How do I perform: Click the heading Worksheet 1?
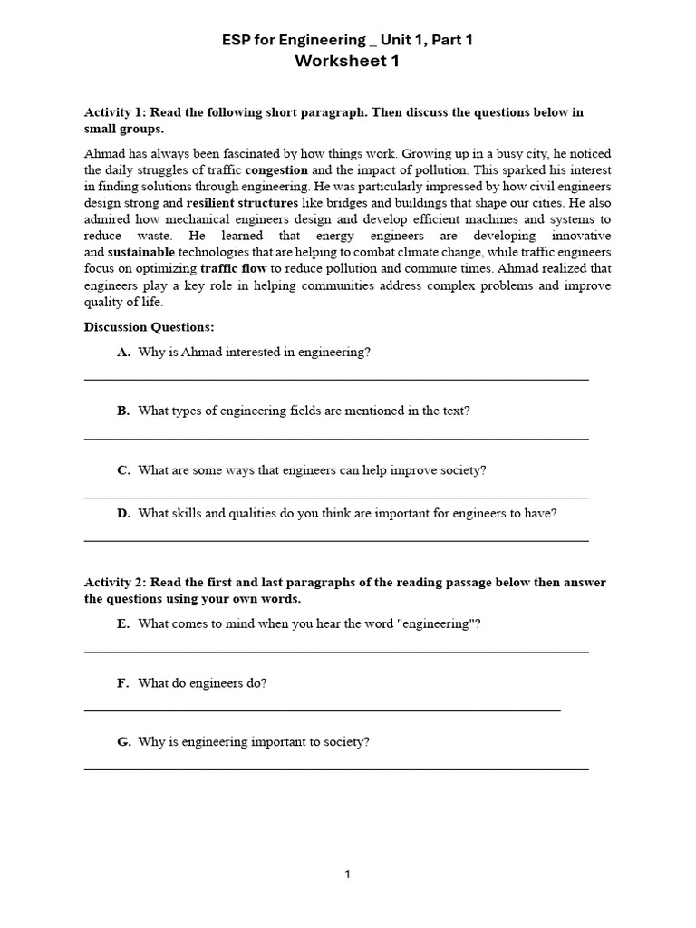click(347, 62)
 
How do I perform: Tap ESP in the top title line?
click(237, 40)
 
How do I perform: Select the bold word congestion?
click(276, 169)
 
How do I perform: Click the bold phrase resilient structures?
click(242, 202)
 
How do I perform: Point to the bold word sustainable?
click(140, 251)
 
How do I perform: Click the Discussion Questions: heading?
click(150, 326)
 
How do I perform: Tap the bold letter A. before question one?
click(124, 352)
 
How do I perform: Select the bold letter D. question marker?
click(124, 513)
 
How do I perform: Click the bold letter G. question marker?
click(124, 741)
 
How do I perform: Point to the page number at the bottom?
click(347, 875)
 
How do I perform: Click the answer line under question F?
click(322, 710)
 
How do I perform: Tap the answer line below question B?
click(336, 439)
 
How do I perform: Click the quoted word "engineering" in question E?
click(436, 623)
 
